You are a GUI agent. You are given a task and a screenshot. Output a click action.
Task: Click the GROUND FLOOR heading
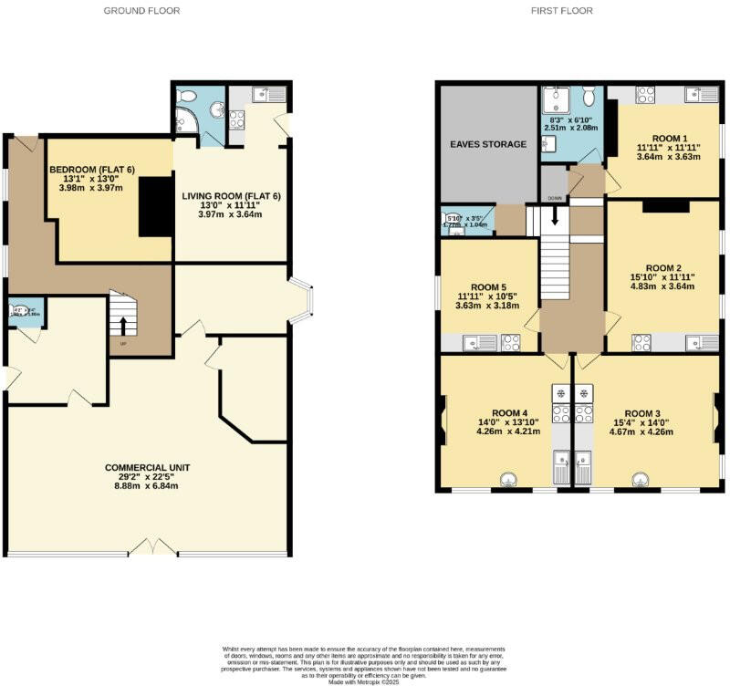pyautogui.click(x=141, y=11)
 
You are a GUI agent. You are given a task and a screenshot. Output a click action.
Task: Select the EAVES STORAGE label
pyautogui.click(x=487, y=144)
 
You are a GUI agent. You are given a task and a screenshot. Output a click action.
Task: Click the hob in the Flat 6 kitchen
pyautogui.click(x=236, y=119)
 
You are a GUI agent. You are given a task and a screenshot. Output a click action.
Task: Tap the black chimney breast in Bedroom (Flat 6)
pyautogui.click(x=155, y=207)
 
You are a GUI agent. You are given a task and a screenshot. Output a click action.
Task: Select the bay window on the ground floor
pyautogui.click(x=302, y=300)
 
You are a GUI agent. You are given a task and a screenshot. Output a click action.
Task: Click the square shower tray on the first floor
pyautogui.click(x=555, y=100)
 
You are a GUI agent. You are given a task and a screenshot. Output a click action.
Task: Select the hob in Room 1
pyautogui.click(x=644, y=93)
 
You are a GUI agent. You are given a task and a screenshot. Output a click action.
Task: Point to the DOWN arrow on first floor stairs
pyautogui.click(x=554, y=217)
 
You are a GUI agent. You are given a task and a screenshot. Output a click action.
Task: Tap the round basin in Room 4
pyautogui.click(x=508, y=480)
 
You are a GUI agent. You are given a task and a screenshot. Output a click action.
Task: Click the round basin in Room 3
pyautogui.click(x=641, y=480)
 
